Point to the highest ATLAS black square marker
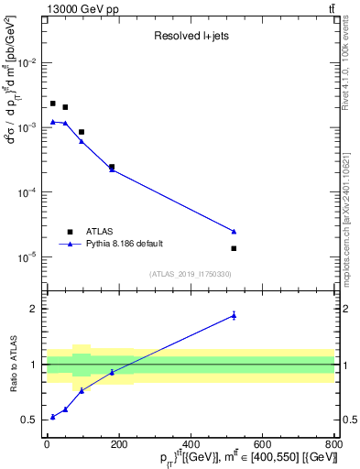point(53,104)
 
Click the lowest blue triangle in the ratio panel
point(53,417)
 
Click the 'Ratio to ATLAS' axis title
point(11,364)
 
